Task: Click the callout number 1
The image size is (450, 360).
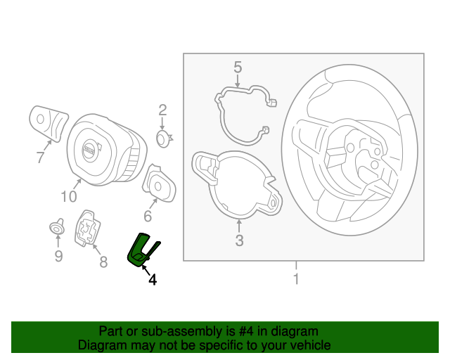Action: click(296, 279)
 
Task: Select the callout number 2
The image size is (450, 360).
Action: click(162, 110)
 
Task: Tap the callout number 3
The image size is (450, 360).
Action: click(239, 241)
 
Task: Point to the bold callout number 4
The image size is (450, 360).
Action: click(152, 279)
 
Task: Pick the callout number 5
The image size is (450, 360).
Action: click(238, 67)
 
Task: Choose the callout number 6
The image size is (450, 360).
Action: click(148, 216)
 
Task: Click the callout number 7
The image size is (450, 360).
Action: click(40, 158)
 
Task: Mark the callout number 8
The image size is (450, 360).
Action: click(103, 262)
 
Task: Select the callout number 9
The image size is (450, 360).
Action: click(58, 256)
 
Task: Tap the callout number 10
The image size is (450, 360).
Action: click(68, 197)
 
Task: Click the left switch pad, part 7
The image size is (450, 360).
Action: click(48, 122)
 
